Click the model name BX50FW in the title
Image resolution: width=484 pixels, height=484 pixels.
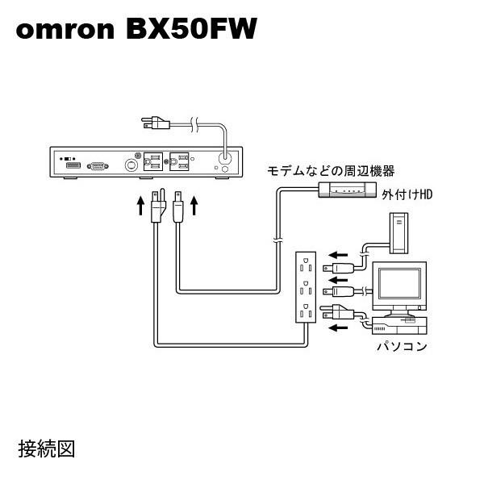(191, 31)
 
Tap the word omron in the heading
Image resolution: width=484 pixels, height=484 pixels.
(65, 32)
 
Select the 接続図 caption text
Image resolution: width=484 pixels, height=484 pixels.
(46, 448)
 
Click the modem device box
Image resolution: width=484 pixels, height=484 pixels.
(347, 190)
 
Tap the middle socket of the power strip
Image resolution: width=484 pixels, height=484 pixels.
(306, 289)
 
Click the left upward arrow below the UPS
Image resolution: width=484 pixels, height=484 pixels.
(140, 206)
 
